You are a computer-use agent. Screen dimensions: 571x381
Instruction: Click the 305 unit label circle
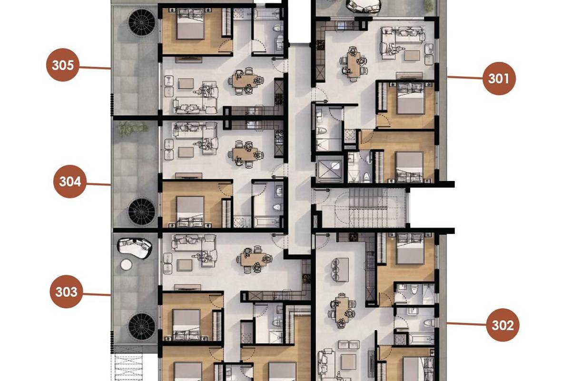pos(63,65)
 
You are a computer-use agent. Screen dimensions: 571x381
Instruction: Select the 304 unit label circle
pos(70,181)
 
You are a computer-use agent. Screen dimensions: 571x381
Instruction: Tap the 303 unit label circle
pos(66,291)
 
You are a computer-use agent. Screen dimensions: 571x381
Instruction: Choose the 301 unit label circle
pos(499,79)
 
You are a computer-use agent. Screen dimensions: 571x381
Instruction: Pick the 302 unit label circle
pos(502,325)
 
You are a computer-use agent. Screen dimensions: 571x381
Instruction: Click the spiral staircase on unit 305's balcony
pos(142,22)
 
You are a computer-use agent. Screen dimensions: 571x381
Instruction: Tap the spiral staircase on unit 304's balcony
pos(142,211)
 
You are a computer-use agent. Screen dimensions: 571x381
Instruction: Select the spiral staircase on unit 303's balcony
pos(142,327)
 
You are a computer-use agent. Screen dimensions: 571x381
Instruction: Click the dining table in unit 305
pos(245,81)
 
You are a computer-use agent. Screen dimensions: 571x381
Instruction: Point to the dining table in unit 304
pos(245,154)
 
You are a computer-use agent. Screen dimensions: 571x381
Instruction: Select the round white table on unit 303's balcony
pos(126,265)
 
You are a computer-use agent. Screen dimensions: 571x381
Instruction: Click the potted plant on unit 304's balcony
pos(133,129)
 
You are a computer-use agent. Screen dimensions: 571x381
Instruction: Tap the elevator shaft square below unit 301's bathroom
pos(330,169)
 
